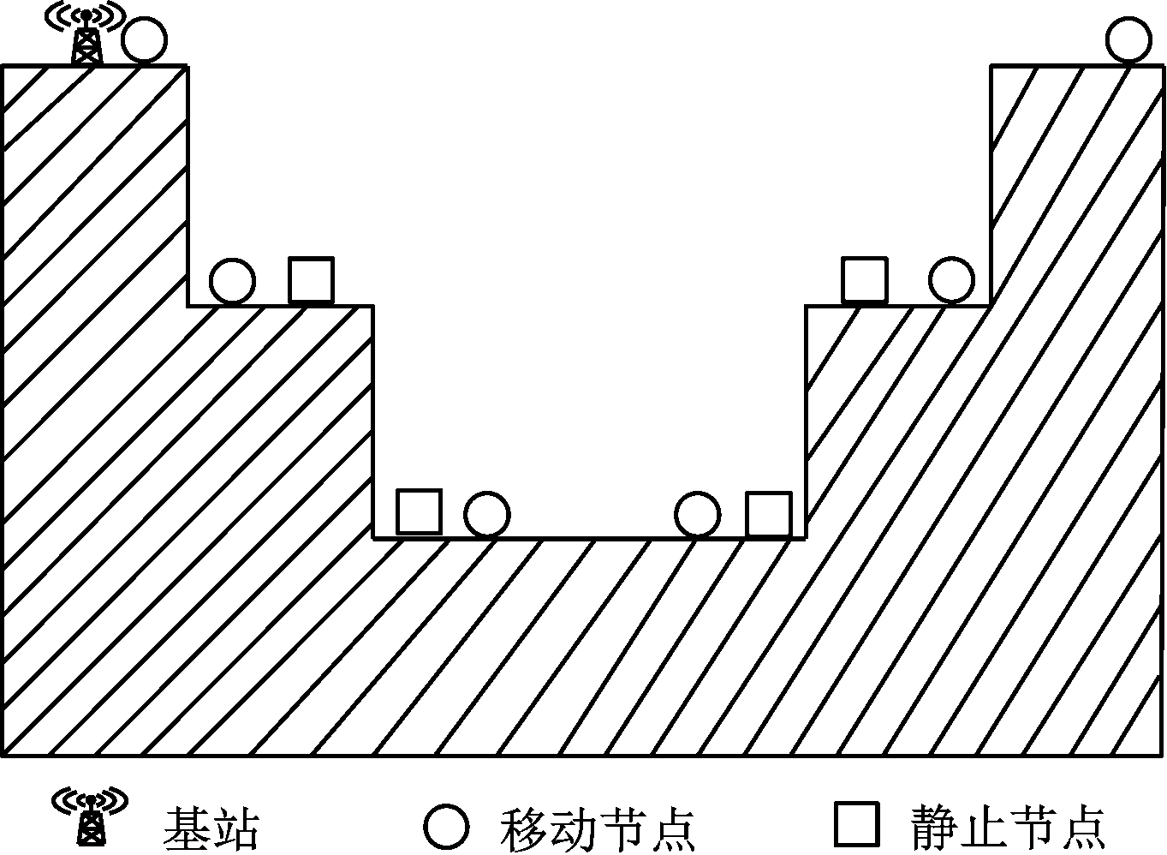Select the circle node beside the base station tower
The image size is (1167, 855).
[x=145, y=40]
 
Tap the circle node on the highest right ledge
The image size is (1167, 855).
[x=1128, y=40]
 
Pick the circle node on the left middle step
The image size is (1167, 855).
[x=232, y=281]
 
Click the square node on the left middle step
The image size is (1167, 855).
[x=312, y=279]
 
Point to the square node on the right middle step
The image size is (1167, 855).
[x=864, y=279]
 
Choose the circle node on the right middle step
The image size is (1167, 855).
[x=951, y=280]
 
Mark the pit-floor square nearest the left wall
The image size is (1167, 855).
[x=419, y=512]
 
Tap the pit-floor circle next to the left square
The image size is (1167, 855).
[x=487, y=515]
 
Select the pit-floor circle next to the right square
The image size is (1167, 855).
[x=698, y=515]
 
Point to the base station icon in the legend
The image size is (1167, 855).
[x=91, y=816]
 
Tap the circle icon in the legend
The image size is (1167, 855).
[x=446, y=827]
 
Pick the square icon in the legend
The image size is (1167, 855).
[x=857, y=825]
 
